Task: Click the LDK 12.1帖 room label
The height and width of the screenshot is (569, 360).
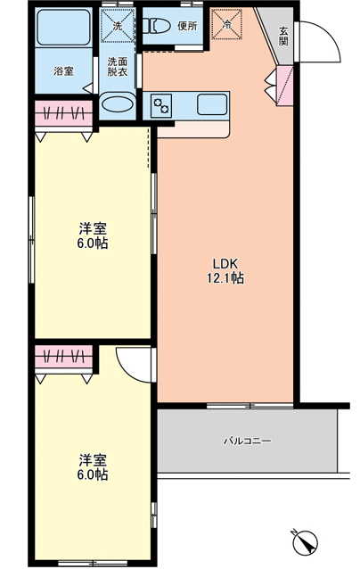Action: [x=225, y=270]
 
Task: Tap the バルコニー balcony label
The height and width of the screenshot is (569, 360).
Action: [x=247, y=441]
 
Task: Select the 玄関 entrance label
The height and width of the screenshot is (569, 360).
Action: [x=283, y=37]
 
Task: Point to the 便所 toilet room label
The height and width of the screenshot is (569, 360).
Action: [x=187, y=26]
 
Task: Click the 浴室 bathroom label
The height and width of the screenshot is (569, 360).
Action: [x=64, y=71]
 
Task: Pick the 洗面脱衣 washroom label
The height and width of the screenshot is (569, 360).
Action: [x=118, y=67]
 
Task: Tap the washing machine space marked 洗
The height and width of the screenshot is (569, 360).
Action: [x=118, y=25]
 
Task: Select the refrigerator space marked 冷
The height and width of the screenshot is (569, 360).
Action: [x=226, y=24]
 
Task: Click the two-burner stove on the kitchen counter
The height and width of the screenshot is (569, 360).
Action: [x=161, y=105]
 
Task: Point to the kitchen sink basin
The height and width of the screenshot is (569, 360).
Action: [x=212, y=105]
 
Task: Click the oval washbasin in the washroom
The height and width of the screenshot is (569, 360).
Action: [x=117, y=103]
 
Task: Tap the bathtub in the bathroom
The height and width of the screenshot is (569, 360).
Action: [x=63, y=28]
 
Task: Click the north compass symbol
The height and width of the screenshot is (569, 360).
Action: [x=305, y=542]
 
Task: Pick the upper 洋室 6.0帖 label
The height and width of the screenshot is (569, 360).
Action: [x=93, y=236]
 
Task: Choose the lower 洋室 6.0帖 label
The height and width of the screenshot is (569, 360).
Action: [x=93, y=467]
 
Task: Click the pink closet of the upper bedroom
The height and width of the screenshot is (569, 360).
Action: [x=64, y=113]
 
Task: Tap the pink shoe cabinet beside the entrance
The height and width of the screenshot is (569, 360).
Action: [x=284, y=86]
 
